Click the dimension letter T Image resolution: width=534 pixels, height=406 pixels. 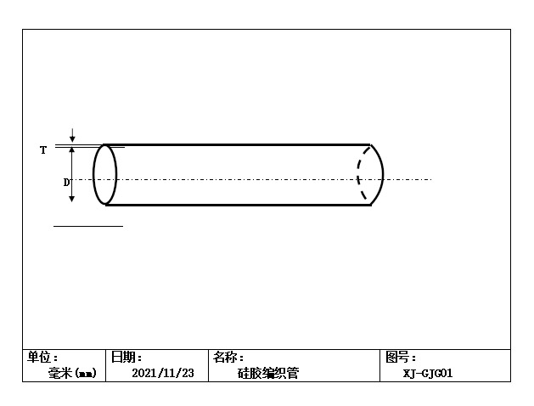(x=43, y=150)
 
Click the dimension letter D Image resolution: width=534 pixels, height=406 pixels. (x=66, y=183)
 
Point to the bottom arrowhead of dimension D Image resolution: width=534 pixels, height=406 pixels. (x=72, y=199)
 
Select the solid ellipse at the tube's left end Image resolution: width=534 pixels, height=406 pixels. (x=105, y=175)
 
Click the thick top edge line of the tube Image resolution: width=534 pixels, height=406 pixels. (x=237, y=144)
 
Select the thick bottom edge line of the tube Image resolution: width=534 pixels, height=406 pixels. (x=239, y=205)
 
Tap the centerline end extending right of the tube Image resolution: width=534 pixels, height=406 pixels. (x=432, y=179)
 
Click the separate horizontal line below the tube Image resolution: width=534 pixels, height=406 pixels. (x=88, y=226)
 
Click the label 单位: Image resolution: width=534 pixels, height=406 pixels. (x=42, y=358)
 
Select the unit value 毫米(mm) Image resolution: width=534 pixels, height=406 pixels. (x=72, y=374)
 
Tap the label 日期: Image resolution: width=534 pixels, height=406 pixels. (x=126, y=358)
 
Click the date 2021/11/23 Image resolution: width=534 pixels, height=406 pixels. (x=163, y=373)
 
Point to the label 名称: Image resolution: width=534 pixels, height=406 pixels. (x=228, y=358)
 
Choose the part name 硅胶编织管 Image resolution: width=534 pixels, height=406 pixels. (x=268, y=374)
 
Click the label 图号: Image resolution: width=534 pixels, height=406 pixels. (x=401, y=358)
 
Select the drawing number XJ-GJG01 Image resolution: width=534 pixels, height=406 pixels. (x=428, y=374)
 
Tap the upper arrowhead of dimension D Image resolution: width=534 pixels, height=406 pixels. (x=72, y=150)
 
